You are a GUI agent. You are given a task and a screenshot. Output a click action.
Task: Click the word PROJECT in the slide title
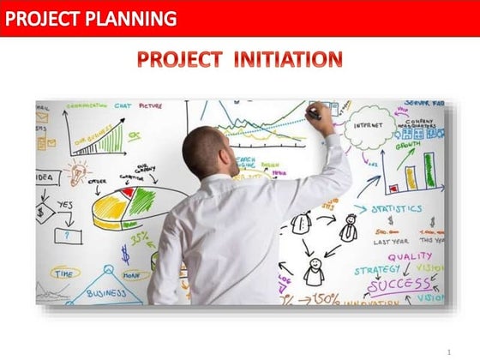pos(176,59)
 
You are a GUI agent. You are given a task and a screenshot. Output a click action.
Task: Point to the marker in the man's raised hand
pos(315,111)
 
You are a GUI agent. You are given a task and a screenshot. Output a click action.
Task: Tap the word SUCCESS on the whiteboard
pos(399,283)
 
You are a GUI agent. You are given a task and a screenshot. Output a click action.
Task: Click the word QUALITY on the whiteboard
pos(410,255)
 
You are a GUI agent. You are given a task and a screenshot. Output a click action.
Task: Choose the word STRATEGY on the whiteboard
pos(377,269)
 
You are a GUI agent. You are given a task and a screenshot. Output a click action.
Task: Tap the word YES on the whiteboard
pos(65,206)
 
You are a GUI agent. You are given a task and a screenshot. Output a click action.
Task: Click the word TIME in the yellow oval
pos(64,273)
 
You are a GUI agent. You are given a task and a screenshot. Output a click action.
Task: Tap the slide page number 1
pos(448,351)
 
